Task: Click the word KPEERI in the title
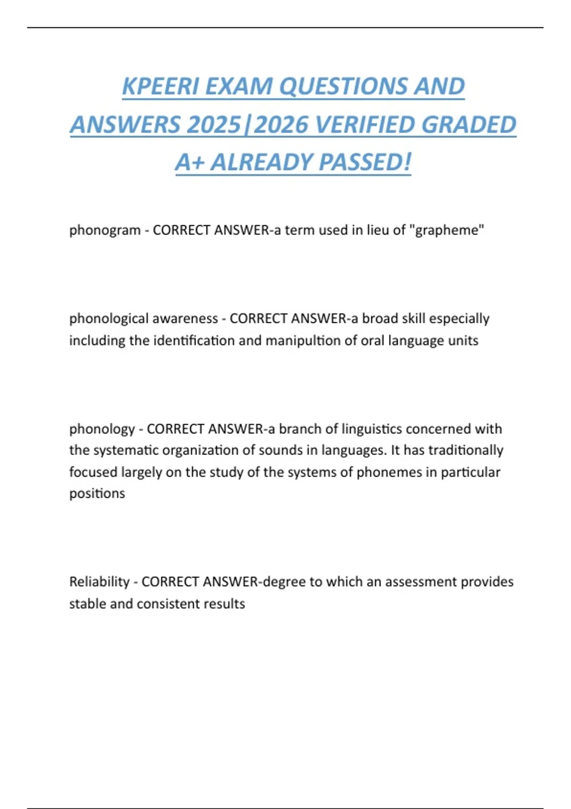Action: pyautogui.click(x=160, y=87)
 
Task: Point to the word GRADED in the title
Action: pyautogui.click(x=469, y=125)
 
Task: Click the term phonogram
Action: pyautogui.click(x=105, y=231)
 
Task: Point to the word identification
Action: pyautogui.click(x=194, y=341)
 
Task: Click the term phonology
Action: pyautogui.click(x=102, y=429)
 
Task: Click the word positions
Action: pyautogui.click(x=97, y=493)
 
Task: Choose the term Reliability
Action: pyautogui.click(x=99, y=582)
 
